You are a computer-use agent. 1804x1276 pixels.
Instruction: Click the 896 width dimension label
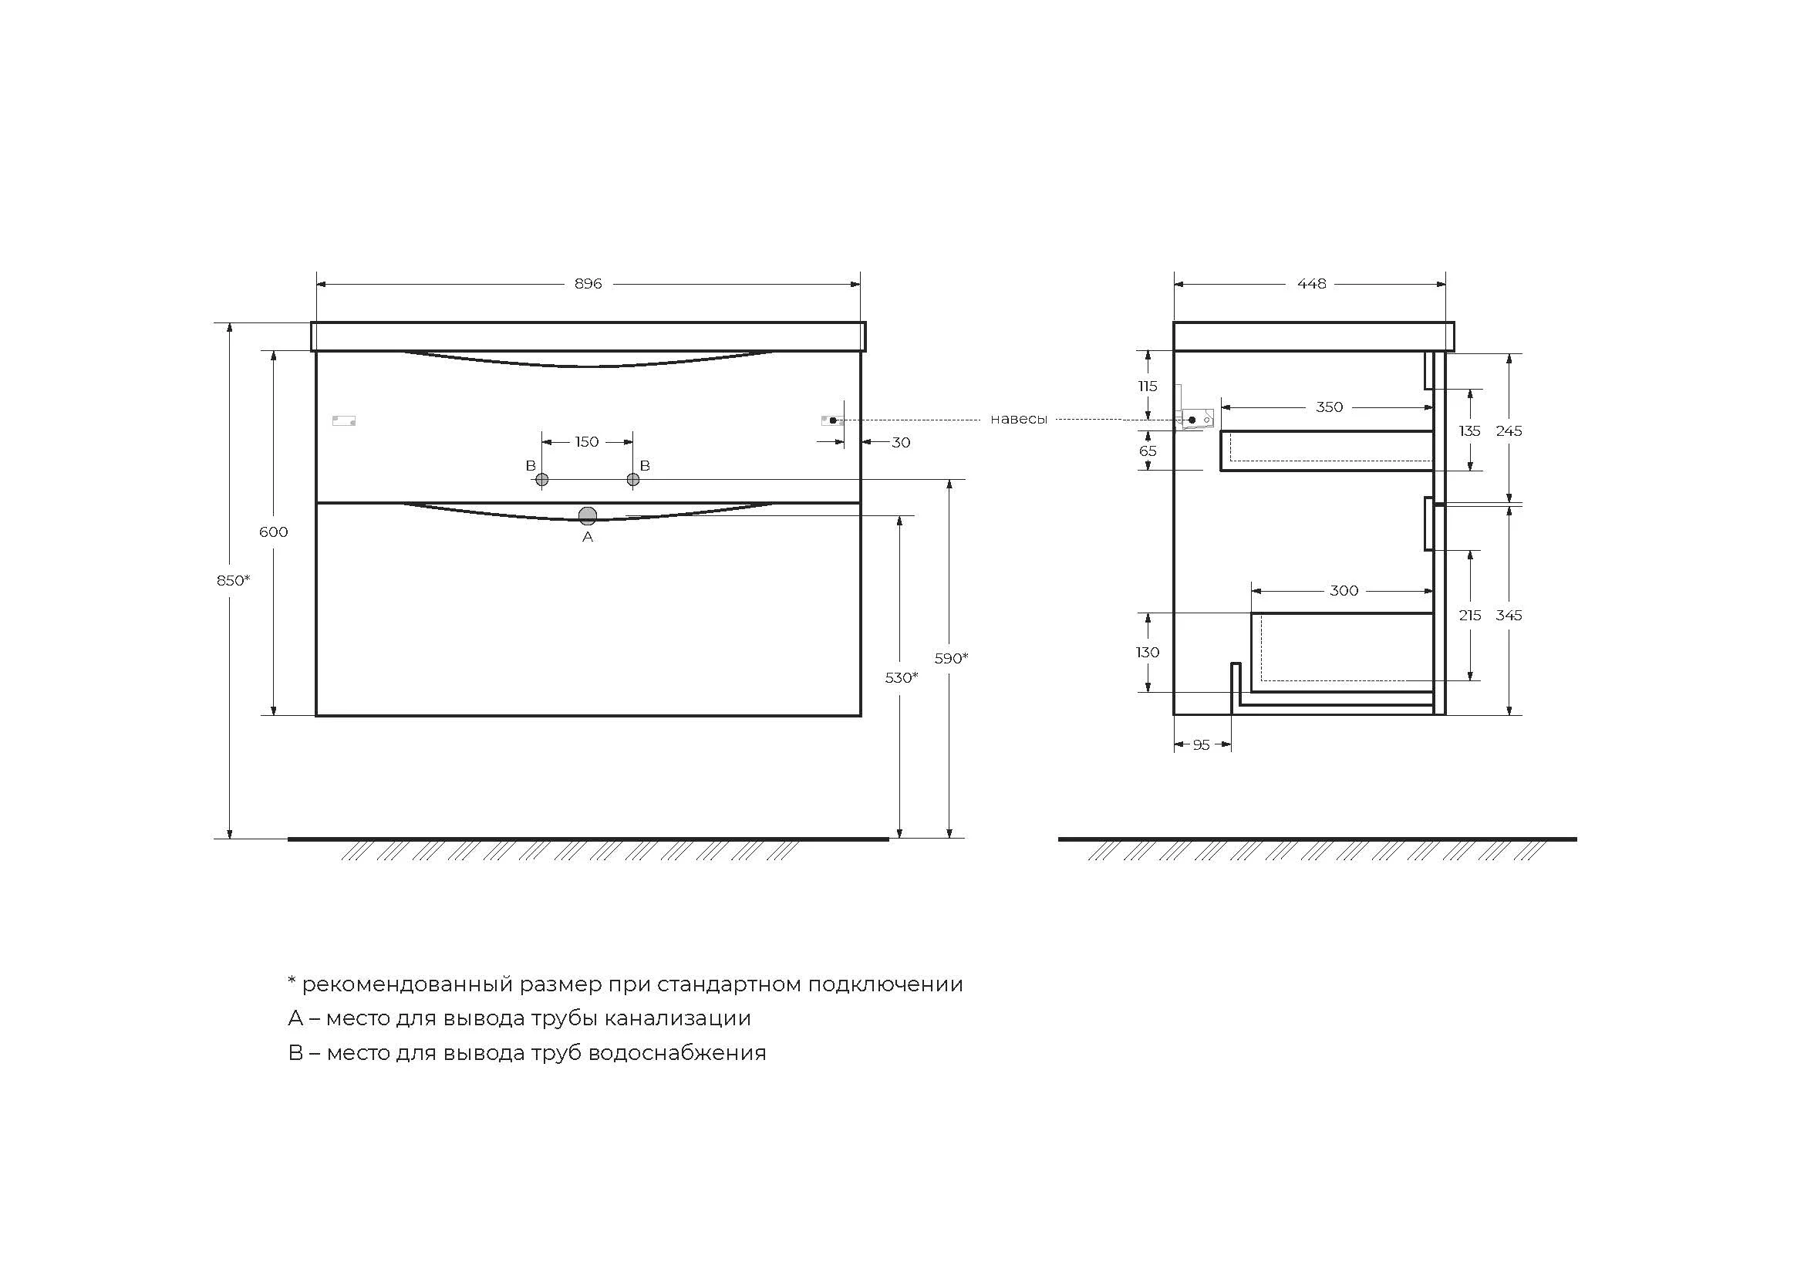click(588, 284)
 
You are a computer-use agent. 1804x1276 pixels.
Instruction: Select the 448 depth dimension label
click(1311, 284)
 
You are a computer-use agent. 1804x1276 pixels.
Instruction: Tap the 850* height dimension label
click(234, 581)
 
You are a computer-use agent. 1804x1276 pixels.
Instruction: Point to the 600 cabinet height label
click(274, 532)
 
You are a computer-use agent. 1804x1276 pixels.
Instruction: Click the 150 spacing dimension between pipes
click(587, 442)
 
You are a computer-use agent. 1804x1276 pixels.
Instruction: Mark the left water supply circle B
click(541, 479)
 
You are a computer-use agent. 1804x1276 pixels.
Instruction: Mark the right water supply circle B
click(633, 479)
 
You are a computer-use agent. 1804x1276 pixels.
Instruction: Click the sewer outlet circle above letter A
click(588, 516)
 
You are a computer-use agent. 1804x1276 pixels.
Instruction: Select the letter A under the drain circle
click(588, 538)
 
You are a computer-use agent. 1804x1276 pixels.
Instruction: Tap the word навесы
click(1018, 420)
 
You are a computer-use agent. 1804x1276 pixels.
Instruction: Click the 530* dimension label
click(901, 678)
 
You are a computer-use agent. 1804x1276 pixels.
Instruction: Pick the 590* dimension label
click(951, 658)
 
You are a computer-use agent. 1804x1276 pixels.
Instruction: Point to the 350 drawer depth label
click(1330, 407)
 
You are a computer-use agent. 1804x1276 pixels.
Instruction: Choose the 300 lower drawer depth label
click(1344, 591)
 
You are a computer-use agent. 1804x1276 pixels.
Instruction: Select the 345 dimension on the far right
click(1509, 615)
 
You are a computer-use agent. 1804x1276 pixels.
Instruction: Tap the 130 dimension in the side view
click(1147, 652)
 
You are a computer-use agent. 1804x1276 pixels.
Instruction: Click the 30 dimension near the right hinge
click(900, 442)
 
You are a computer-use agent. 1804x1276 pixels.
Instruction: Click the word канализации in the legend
click(677, 1018)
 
